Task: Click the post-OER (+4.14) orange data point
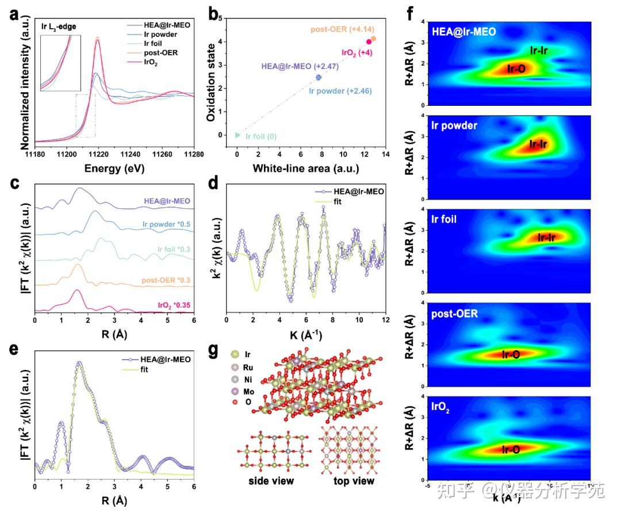tap(374, 39)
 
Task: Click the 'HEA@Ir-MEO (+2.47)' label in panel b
tap(300, 67)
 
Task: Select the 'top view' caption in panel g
tap(354, 480)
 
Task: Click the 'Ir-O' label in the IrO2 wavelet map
tap(511, 449)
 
